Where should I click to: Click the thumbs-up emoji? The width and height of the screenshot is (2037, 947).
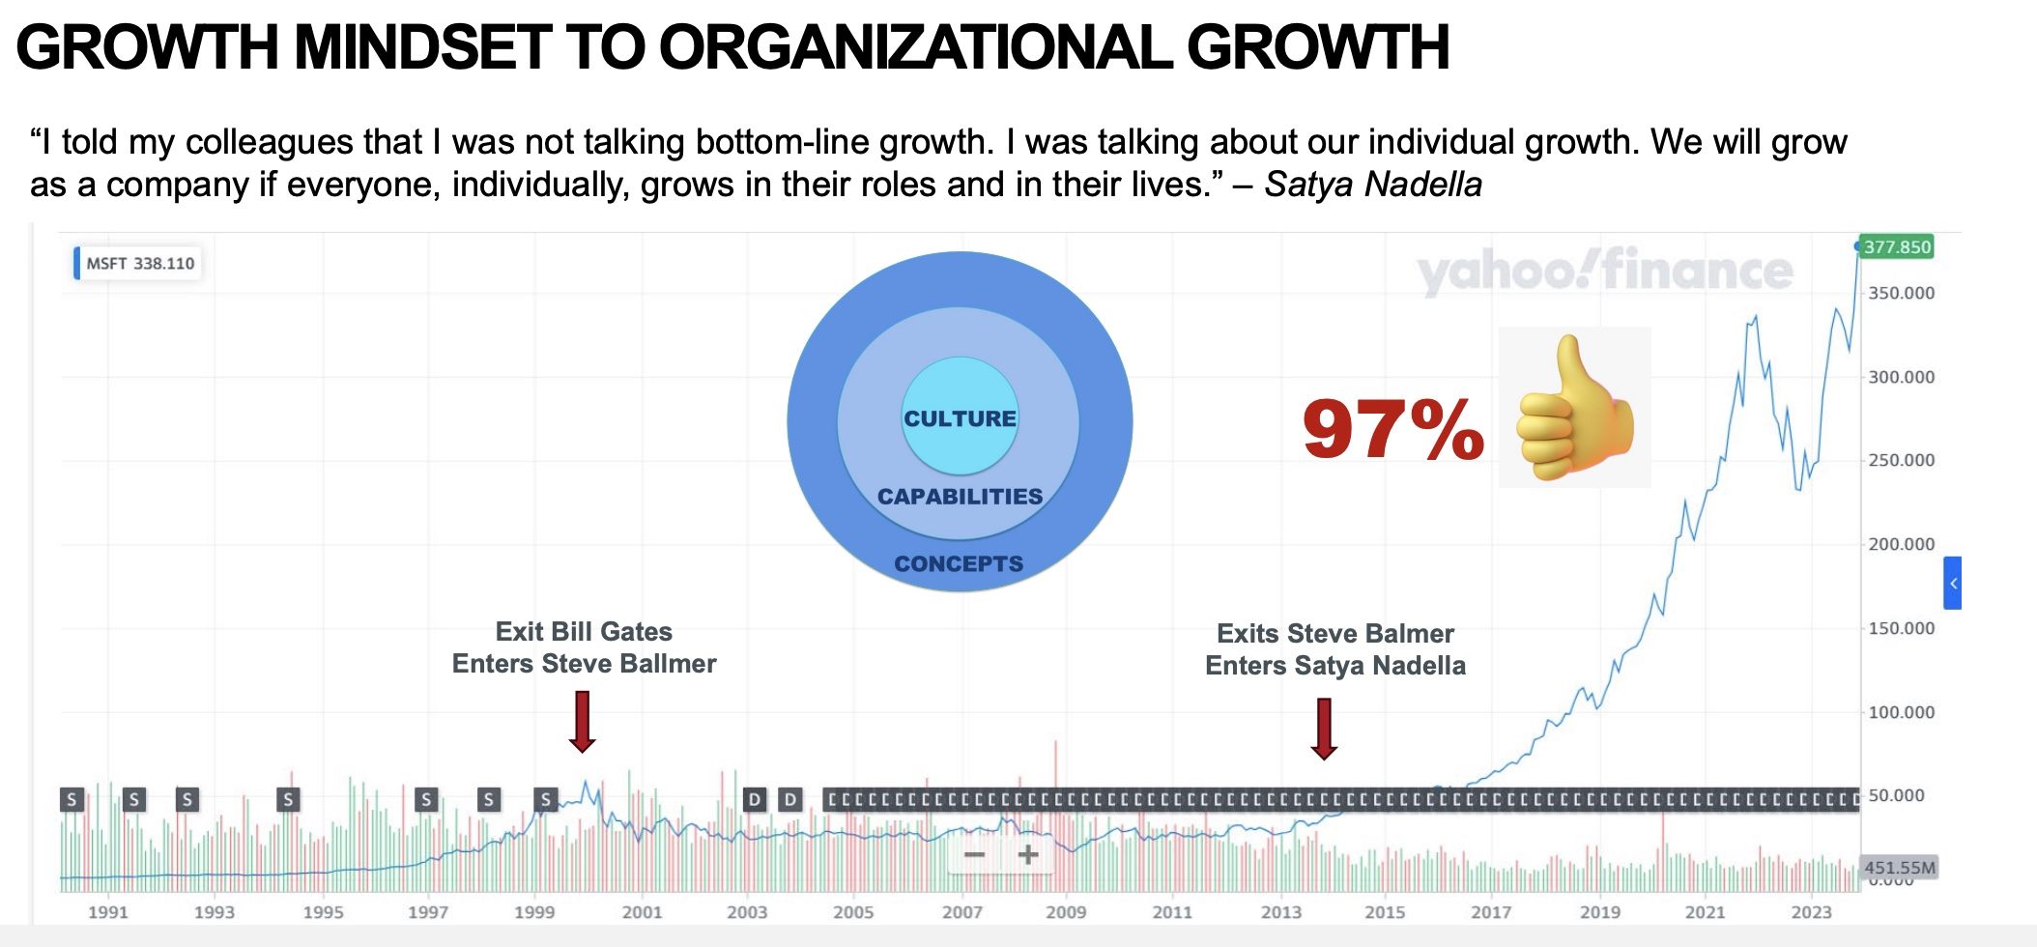click(x=1574, y=408)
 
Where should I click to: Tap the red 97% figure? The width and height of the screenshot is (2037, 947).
click(x=1392, y=429)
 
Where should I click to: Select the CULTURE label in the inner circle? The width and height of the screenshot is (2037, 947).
click(x=960, y=418)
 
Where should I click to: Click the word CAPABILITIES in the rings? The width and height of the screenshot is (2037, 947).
click(x=960, y=497)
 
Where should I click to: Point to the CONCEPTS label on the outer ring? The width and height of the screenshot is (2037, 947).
click(x=959, y=564)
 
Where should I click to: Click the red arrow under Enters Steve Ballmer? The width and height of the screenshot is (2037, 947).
click(x=582, y=721)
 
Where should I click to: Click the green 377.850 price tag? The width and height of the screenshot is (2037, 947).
click(x=1897, y=247)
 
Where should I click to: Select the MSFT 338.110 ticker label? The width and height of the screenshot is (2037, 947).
click(x=139, y=263)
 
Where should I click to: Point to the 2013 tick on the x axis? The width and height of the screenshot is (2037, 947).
click(x=1281, y=911)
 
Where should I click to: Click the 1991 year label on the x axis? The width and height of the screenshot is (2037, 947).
click(x=107, y=911)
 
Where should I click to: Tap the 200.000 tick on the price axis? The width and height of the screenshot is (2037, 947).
click(x=1901, y=544)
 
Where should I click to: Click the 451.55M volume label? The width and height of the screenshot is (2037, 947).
click(x=1899, y=867)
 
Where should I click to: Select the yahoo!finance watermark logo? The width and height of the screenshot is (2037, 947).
click(x=1604, y=271)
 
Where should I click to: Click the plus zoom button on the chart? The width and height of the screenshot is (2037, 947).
click(x=1028, y=854)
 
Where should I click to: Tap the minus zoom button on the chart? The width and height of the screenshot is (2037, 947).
click(x=975, y=854)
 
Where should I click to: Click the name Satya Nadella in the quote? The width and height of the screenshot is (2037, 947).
click(x=1372, y=184)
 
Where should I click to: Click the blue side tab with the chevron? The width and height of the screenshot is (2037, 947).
click(x=1953, y=583)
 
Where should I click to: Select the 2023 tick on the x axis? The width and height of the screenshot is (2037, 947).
click(x=1810, y=911)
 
